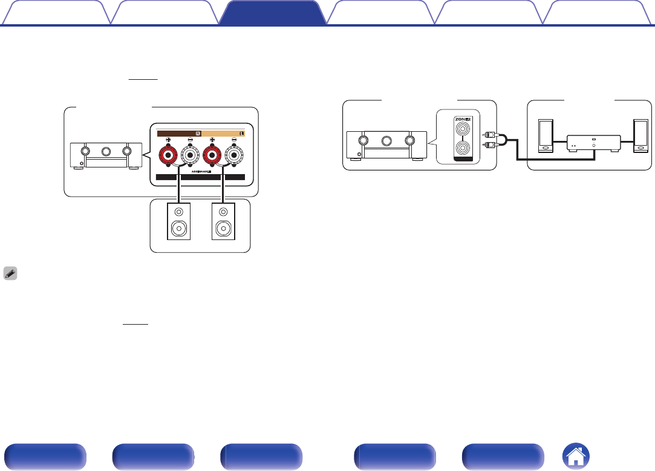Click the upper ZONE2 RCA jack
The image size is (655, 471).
point(462,128)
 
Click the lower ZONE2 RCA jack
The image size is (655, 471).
point(462,148)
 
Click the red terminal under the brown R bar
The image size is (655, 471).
point(168,155)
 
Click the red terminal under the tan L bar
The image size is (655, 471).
point(212,155)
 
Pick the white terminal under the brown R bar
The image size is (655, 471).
point(191,155)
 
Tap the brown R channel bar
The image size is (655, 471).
point(179,134)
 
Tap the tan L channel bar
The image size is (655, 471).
point(223,134)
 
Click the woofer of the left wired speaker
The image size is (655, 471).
point(179,229)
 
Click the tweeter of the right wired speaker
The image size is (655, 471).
point(224,212)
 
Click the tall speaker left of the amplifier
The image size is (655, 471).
point(546,135)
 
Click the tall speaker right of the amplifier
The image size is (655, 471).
point(640,135)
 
